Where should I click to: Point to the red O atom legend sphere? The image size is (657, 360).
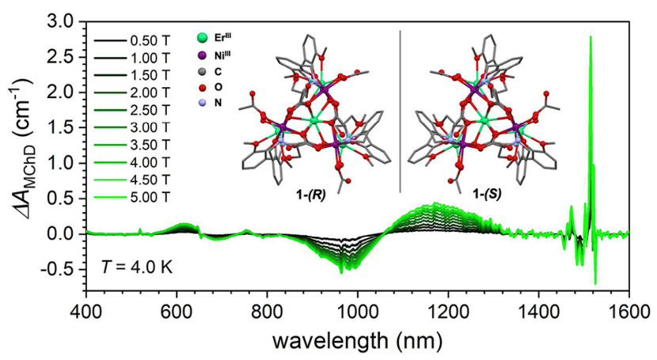pyautogui.click(x=204, y=94)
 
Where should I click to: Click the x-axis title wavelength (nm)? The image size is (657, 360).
pyautogui.click(x=358, y=341)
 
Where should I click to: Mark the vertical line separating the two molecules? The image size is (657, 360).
pyautogui.click(x=400, y=111)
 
